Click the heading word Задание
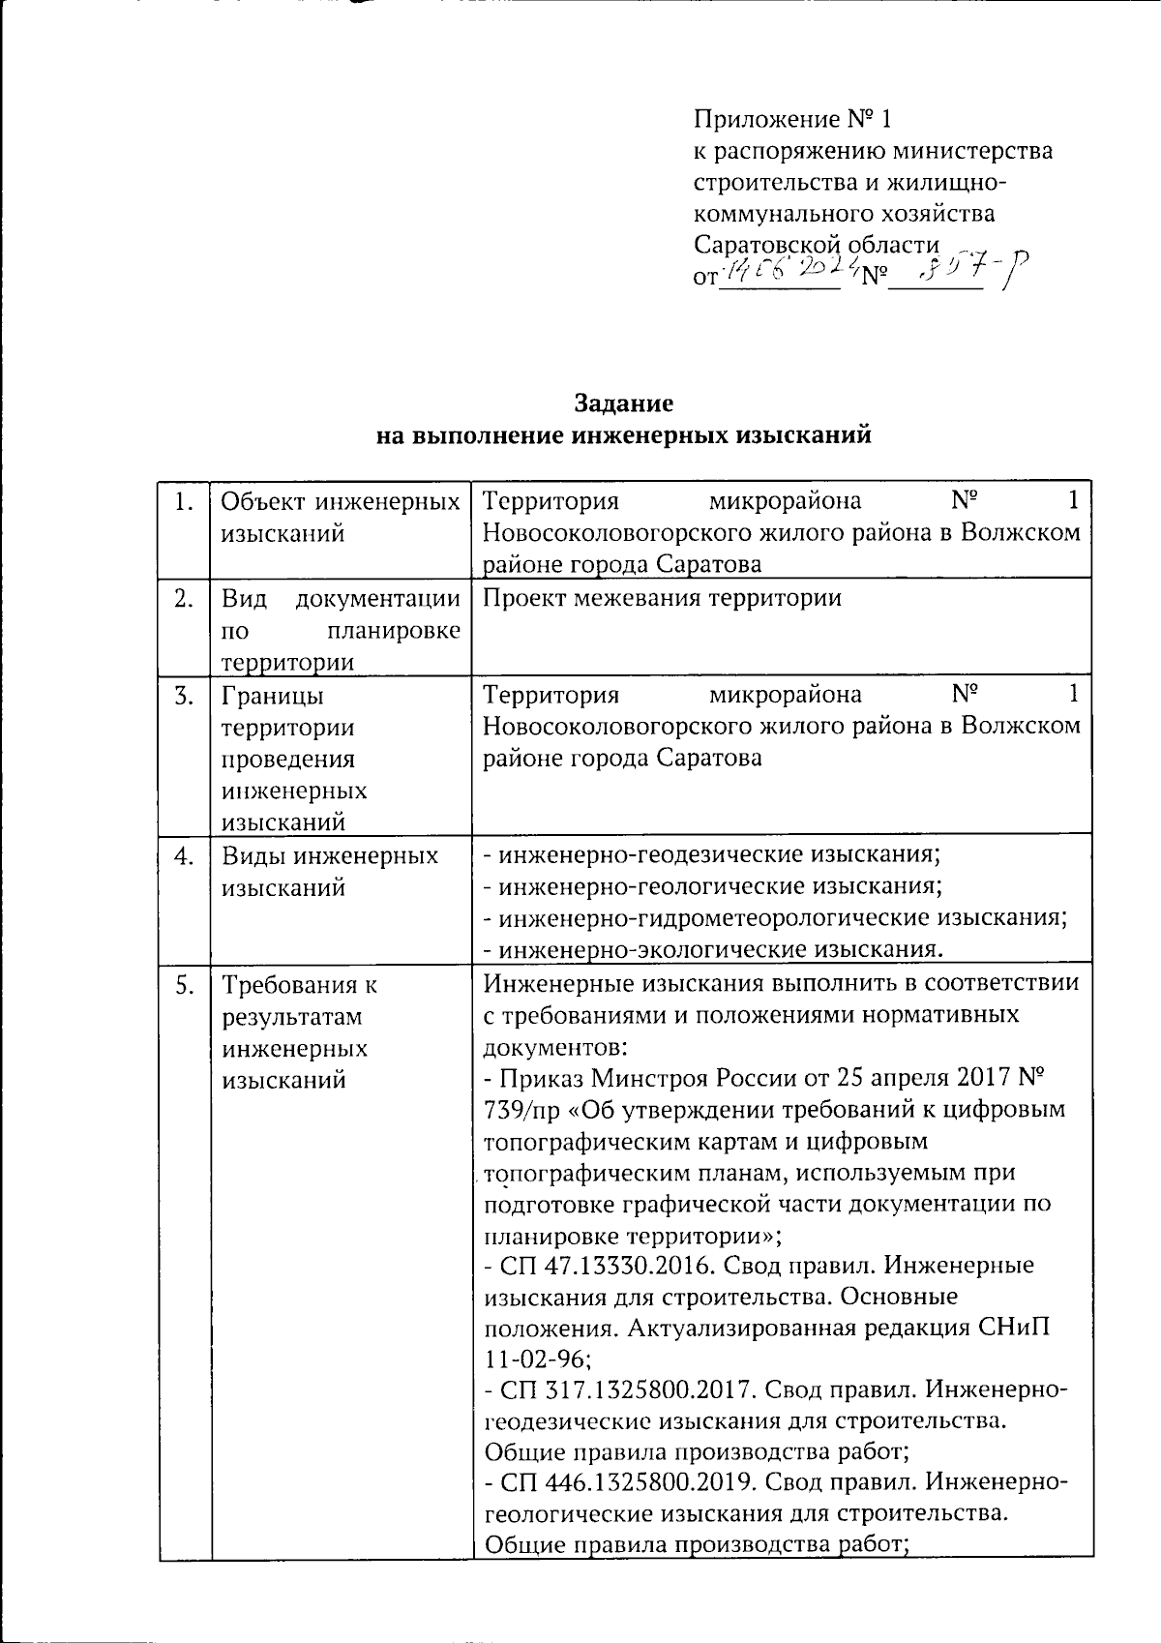point(624,403)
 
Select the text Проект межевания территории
point(662,598)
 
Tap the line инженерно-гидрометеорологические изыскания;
point(775,917)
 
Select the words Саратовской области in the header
point(817,244)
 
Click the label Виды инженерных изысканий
point(329,871)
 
